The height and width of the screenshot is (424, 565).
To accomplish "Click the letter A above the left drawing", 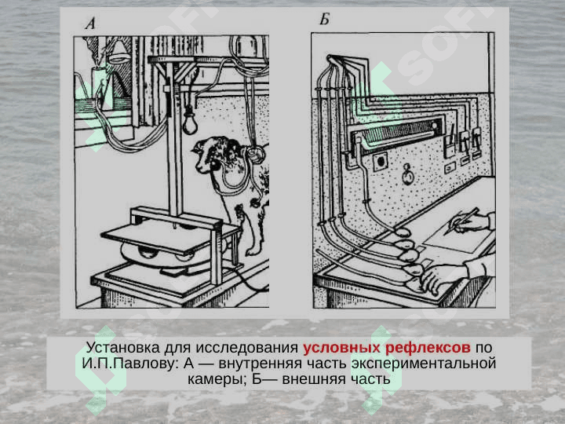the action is click(x=90, y=24).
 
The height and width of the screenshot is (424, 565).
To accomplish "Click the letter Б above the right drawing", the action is click(x=324, y=19).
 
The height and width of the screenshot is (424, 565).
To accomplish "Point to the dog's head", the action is click(x=213, y=155).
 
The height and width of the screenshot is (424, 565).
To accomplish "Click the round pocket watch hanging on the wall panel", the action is click(x=407, y=175).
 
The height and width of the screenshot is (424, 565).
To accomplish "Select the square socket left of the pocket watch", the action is click(x=380, y=161).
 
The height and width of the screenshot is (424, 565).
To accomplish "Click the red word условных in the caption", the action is click(x=341, y=348).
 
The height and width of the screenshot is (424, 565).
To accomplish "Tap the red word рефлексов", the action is click(x=428, y=349).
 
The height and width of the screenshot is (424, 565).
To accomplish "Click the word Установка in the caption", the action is click(x=123, y=348).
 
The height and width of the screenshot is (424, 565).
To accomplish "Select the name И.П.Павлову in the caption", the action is click(x=130, y=364).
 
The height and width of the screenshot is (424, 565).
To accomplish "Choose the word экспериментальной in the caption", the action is click(x=424, y=364).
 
